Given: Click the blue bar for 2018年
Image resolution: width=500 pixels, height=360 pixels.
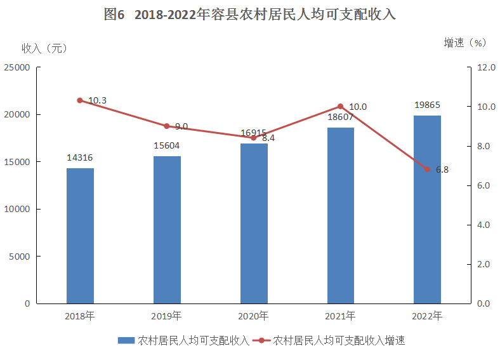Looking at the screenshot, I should (x=80, y=236).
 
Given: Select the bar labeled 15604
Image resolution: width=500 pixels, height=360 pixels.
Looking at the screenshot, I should (x=167, y=230).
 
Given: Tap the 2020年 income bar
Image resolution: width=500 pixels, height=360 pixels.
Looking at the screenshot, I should (x=254, y=223).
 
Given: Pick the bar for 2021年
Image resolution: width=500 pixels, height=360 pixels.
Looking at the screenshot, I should (x=341, y=215).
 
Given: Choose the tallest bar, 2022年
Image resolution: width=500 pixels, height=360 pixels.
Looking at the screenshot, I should (x=427, y=210).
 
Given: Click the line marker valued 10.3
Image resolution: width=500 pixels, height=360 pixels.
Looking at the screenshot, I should (x=80, y=100).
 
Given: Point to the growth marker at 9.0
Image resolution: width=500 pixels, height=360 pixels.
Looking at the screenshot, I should (x=167, y=126).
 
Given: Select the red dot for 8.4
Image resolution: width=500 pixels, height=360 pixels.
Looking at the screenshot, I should (x=254, y=138).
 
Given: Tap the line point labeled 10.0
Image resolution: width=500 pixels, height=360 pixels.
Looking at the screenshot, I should (x=341, y=107).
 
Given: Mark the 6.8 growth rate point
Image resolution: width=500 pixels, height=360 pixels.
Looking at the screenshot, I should (x=427, y=170).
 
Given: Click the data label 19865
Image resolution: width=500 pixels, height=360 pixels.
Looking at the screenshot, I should (x=428, y=105).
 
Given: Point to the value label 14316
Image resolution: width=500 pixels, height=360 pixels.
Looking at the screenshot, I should (x=80, y=157).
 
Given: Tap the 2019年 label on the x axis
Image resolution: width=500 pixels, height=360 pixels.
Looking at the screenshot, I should (x=167, y=316).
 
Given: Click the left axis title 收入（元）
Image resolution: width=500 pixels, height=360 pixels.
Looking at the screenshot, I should (x=44, y=48).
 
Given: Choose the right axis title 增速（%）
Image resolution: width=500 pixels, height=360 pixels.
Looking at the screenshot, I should (x=465, y=43).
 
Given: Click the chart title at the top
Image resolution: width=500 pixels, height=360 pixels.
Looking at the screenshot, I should (x=250, y=15).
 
